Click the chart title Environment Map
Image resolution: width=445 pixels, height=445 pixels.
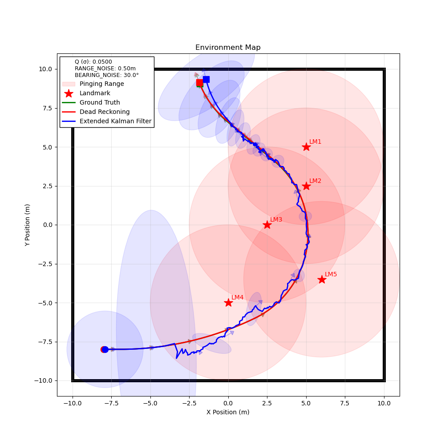[228, 48]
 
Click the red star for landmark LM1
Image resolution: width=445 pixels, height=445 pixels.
[306, 147]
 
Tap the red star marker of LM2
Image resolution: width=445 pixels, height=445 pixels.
[306, 186]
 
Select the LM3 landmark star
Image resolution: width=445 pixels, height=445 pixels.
[267, 225]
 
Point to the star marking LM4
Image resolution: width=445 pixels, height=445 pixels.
[228, 303]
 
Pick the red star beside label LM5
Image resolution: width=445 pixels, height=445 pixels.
[322, 279]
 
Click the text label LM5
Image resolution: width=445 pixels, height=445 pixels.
[331, 274]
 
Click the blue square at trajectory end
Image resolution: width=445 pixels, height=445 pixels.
[206, 79]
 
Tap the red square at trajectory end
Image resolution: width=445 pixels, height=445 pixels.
[200, 83]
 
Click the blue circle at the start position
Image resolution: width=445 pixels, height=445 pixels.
[105, 349]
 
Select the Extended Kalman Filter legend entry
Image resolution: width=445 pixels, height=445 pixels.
[115, 121]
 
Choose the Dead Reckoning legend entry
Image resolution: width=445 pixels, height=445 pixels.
[105, 112]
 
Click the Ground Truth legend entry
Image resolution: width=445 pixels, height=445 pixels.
[100, 102]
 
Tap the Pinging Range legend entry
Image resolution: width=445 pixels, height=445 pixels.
[101, 84]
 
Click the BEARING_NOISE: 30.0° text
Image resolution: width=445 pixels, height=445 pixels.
[106, 75]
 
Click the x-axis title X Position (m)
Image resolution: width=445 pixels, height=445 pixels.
[228, 412]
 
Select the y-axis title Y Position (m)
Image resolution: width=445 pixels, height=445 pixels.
[28, 225]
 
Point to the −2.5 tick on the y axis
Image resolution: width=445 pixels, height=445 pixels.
[46, 264]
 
